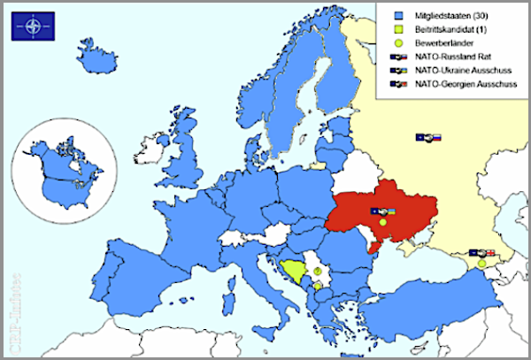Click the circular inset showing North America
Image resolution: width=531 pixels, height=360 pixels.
point(65,172)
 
